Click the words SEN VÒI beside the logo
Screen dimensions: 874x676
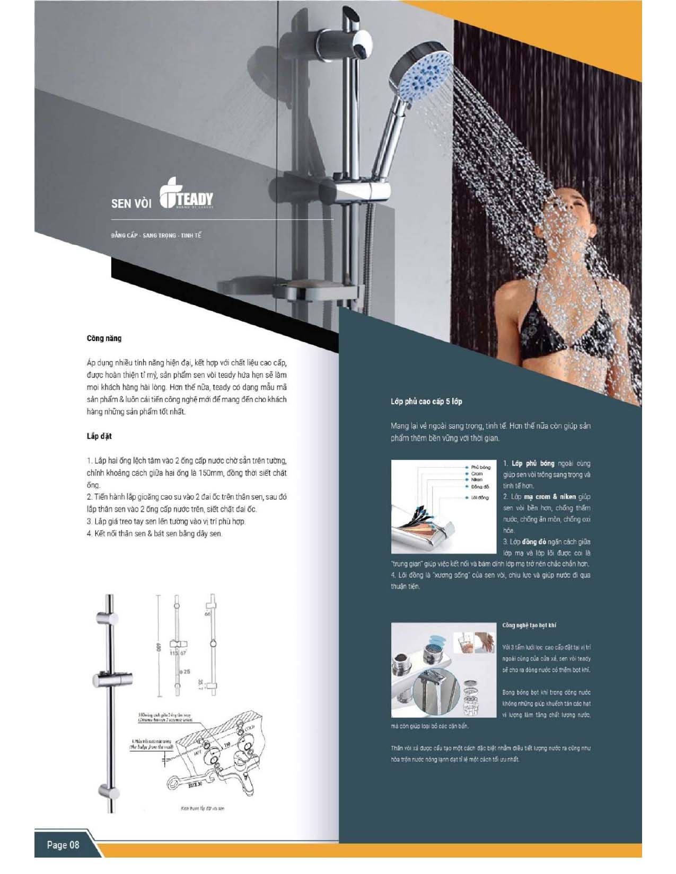point(131,203)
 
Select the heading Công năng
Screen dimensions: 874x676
point(104,338)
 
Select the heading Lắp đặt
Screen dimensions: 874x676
point(99,436)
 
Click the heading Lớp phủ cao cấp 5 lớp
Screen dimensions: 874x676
point(426,402)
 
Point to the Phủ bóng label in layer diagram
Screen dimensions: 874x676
point(480,467)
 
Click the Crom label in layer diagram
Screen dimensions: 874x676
point(477,474)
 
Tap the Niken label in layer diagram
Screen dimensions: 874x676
point(477,479)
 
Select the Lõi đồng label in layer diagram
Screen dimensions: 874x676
point(480,497)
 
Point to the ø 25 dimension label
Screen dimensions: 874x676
point(185,672)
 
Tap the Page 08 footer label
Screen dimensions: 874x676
point(63,844)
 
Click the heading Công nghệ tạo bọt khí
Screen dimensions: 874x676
point(529,625)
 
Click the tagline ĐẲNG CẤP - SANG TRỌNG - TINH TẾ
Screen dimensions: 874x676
point(156,235)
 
